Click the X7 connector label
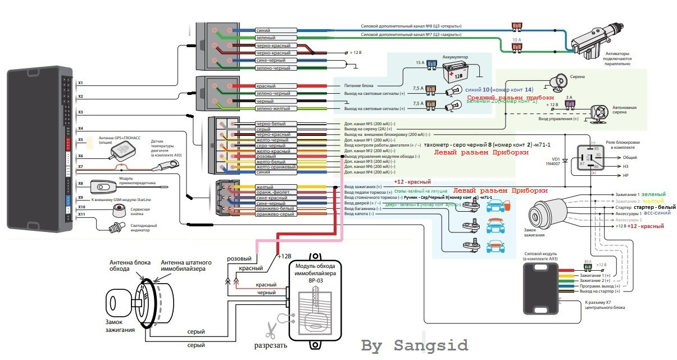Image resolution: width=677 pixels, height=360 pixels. click(80, 166)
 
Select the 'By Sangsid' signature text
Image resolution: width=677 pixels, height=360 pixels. click(414, 344)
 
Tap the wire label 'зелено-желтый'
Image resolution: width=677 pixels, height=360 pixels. click(272, 108)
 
